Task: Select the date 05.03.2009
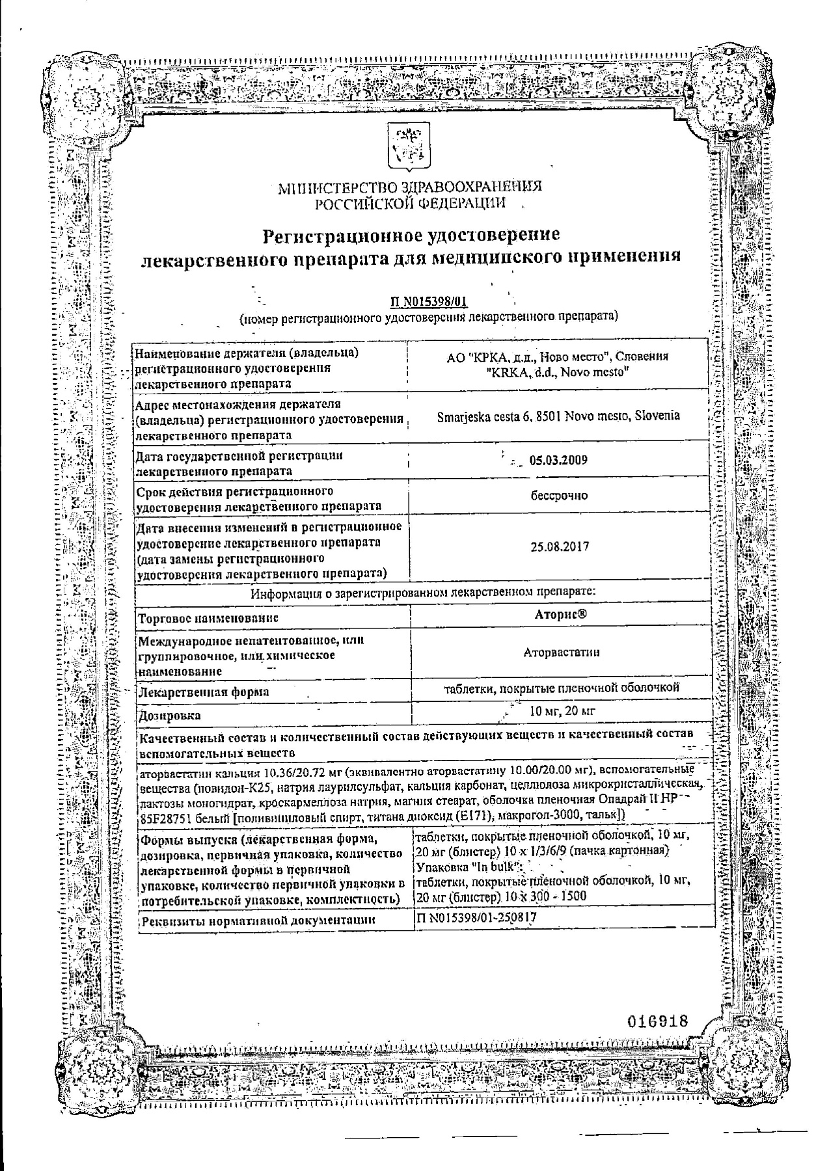(x=558, y=460)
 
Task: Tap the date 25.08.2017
(x=560, y=546)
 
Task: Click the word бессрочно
(x=559, y=496)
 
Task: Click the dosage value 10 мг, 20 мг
(x=562, y=710)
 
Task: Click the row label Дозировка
(x=170, y=716)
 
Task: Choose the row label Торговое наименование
(x=209, y=617)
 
